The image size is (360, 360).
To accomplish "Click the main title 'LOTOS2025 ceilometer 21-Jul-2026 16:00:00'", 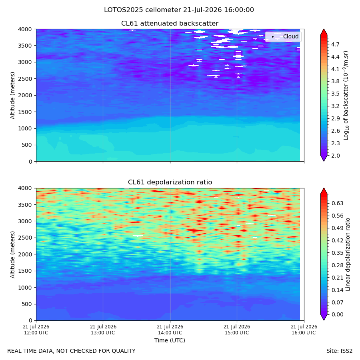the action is [179, 10].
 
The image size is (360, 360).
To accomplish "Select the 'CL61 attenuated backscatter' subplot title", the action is [170, 24].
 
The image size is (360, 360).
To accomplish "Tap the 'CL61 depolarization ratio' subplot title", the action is [170, 182].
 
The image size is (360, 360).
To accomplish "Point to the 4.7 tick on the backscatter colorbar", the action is [335, 44].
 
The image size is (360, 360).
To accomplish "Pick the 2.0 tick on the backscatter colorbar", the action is [335, 156].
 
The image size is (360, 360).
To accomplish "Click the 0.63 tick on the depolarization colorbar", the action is [338, 203].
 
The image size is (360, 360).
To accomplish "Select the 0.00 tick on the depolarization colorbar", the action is [338, 314].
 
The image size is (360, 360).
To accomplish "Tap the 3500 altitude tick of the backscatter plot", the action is [25, 46].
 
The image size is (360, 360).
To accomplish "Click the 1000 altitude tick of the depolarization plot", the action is [25, 288].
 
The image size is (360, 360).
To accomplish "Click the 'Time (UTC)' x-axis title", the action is [170, 340].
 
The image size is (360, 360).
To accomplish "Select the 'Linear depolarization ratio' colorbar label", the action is [348, 254].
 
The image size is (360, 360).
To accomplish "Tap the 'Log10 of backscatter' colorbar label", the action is [346, 96].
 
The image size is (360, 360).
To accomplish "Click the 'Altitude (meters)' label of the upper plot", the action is [12, 96].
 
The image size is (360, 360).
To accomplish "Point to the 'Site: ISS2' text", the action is [339, 351].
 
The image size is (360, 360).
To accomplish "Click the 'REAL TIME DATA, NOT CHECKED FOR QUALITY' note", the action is [72, 351].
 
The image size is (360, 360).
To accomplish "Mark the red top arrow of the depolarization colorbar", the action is [324, 191].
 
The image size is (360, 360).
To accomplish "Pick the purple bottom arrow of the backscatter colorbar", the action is [324, 158].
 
